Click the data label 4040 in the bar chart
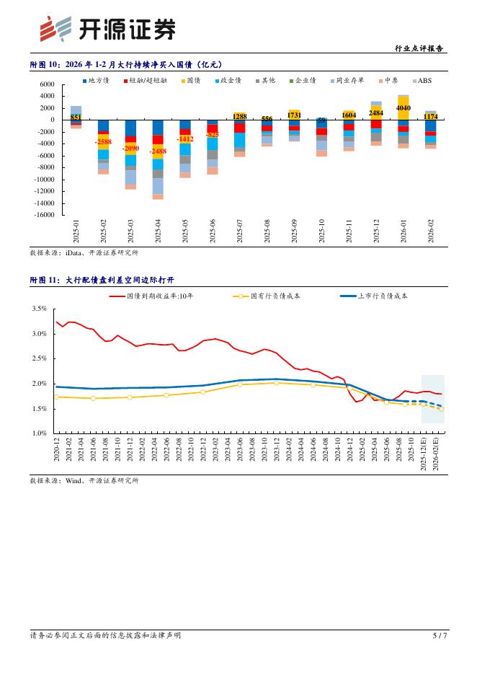(404, 108)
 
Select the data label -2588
(103, 142)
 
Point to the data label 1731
(294, 115)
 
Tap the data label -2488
(158, 151)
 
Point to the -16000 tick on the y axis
(43, 214)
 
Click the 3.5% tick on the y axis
(40, 309)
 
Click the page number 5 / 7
(440, 635)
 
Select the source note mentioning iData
(84, 253)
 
